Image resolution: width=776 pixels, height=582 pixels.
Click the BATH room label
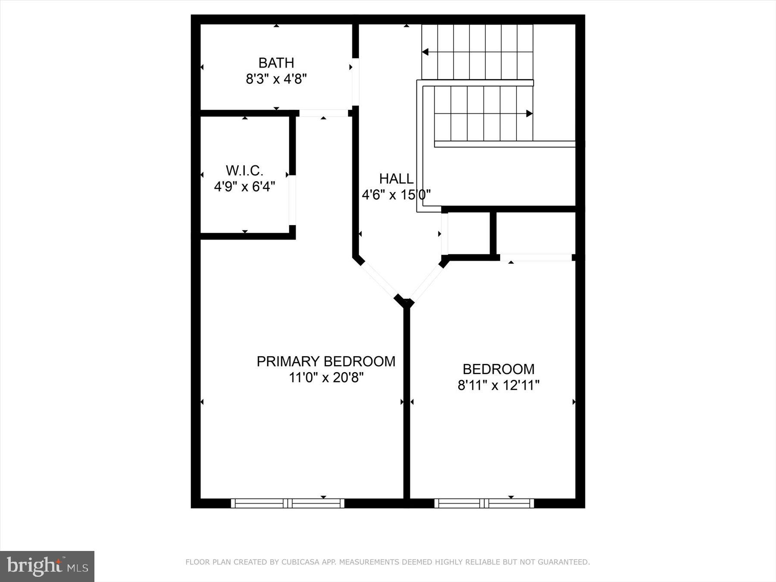276,63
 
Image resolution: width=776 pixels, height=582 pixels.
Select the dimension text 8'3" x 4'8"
276,79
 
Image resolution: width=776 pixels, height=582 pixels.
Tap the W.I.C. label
244,171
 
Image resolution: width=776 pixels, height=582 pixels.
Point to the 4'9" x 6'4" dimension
244,187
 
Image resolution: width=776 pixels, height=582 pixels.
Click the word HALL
396,178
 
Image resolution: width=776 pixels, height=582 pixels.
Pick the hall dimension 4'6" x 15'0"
396,195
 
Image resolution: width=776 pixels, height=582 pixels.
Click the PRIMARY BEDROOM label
326,361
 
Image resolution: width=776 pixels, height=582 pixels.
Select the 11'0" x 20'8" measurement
326,378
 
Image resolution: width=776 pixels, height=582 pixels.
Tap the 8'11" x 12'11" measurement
498,385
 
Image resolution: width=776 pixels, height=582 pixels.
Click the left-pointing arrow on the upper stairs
425,52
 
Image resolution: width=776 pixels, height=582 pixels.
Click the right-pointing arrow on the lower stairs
529,114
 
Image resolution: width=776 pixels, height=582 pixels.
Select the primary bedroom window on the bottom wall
288,503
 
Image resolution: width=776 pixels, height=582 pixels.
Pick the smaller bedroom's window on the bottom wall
484,503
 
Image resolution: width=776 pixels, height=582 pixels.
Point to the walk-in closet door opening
292,200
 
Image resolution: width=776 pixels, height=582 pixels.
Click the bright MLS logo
47,566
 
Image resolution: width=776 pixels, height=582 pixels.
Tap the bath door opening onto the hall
355,81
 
